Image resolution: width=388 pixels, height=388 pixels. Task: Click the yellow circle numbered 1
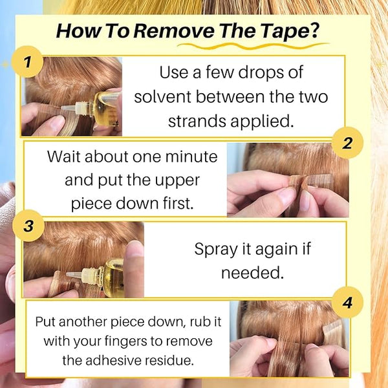[x=27, y=61]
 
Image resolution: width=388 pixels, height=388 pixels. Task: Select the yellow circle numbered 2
[x=347, y=143]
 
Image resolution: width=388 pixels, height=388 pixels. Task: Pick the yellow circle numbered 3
[x=28, y=226]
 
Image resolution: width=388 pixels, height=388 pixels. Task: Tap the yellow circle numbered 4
[x=347, y=303]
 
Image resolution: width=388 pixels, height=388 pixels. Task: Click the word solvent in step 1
[x=162, y=96]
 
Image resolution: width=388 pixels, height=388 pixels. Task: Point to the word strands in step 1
[x=197, y=121]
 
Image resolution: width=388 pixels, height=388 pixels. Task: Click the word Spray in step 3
[x=215, y=250]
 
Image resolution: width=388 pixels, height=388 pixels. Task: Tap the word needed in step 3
[x=252, y=272]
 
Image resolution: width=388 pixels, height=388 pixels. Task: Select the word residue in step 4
[x=169, y=360]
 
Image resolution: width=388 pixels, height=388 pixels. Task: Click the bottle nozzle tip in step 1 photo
[x=62, y=107]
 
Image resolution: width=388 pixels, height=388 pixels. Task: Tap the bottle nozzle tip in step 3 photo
[x=68, y=274]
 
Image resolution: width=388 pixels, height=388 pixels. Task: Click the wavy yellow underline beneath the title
[x=253, y=46]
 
